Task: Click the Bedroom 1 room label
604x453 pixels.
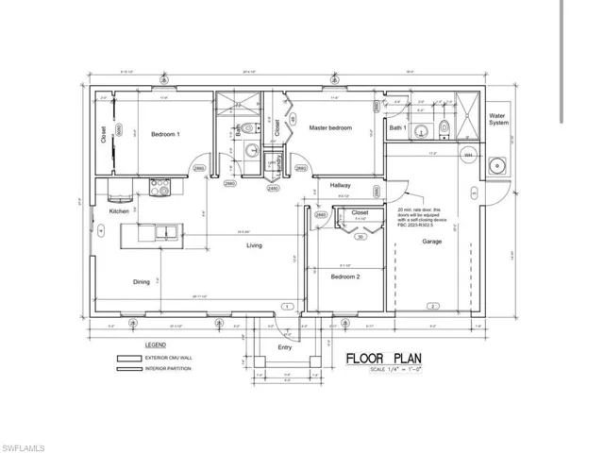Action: click(165, 135)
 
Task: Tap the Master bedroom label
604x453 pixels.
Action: click(330, 127)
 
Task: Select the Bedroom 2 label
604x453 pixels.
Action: click(344, 277)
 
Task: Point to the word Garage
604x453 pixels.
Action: click(432, 241)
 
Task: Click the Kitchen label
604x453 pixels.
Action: click(119, 211)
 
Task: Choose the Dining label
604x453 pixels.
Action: click(141, 281)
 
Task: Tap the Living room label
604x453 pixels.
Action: click(255, 245)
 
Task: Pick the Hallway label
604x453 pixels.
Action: click(341, 186)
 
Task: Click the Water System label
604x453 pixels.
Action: click(497, 121)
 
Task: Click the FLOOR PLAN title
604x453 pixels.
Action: click(382, 358)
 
